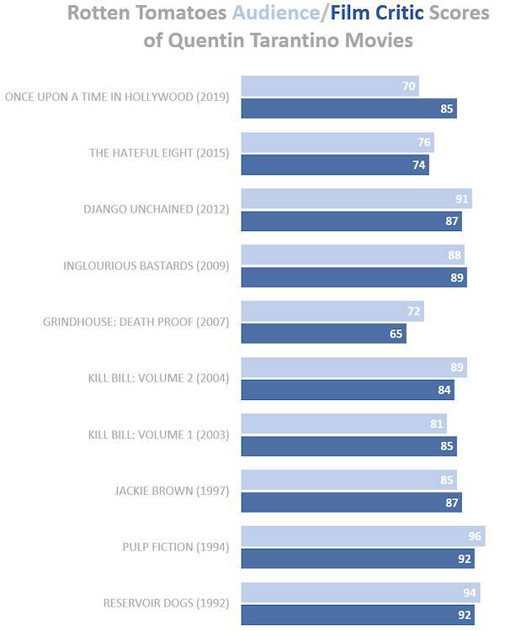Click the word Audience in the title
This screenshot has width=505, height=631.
(276, 13)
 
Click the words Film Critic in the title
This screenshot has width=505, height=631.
(377, 13)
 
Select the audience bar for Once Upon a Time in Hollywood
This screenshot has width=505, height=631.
(330, 86)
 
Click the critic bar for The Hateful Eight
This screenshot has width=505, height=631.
(335, 165)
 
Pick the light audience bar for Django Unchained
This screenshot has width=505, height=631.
(357, 199)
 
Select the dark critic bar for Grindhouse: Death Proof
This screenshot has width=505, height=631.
(324, 334)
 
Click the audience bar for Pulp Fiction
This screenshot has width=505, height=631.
(363, 536)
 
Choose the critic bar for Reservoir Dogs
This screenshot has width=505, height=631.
(358, 615)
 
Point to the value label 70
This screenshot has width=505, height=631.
(409, 86)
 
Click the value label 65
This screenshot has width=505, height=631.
(396, 334)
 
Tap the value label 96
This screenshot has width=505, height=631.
(475, 536)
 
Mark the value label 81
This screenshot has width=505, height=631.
(437, 423)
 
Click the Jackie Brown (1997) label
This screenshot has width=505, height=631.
(172, 491)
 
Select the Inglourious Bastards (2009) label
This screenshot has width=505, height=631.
(146, 266)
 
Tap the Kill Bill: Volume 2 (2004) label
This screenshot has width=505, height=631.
(159, 378)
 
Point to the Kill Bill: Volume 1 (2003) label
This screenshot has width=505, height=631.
(159, 434)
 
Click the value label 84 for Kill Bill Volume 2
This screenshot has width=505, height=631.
(444, 390)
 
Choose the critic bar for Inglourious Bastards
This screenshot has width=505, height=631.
(354, 277)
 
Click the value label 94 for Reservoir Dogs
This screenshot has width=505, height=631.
(470, 592)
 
